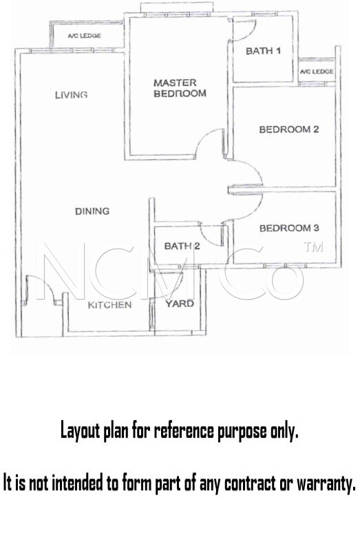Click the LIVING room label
[71, 95]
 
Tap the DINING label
[92, 211]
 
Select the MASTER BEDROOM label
[180, 88]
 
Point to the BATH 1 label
[263, 51]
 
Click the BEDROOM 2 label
[289, 129]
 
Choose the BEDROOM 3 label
[289, 228]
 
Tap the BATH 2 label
[182, 246]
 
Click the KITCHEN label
[105, 305]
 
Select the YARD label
[179, 304]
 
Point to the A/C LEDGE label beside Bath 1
[317, 72]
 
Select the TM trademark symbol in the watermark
[313, 247]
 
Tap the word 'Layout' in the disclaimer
[80, 431]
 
